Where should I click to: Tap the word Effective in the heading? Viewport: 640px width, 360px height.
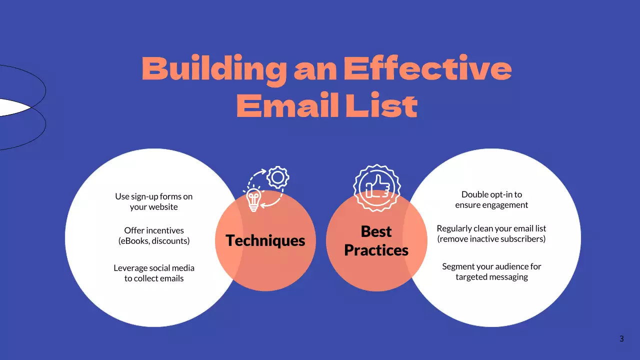(x=427, y=69)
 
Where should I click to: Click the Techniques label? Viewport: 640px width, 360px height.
(x=265, y=240)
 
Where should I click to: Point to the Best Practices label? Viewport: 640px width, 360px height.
(x=376, y=240)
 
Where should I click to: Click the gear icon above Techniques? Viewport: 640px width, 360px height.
(x=277, y=177)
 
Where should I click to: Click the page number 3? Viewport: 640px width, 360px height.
(x=621, y=339)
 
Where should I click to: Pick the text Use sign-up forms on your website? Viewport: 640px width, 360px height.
(x=154, y=201)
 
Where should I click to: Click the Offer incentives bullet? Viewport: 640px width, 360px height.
(x=154, y=235)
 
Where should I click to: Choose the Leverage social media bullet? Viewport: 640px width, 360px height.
(x=154, y=273)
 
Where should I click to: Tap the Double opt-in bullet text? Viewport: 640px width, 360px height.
(x=491, y=199)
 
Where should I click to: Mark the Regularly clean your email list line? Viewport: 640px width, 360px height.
(x=491, y=228)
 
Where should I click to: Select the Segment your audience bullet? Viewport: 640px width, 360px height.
(x=491, y=271)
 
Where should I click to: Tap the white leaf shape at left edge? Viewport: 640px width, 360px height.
(x=12, y=107)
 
